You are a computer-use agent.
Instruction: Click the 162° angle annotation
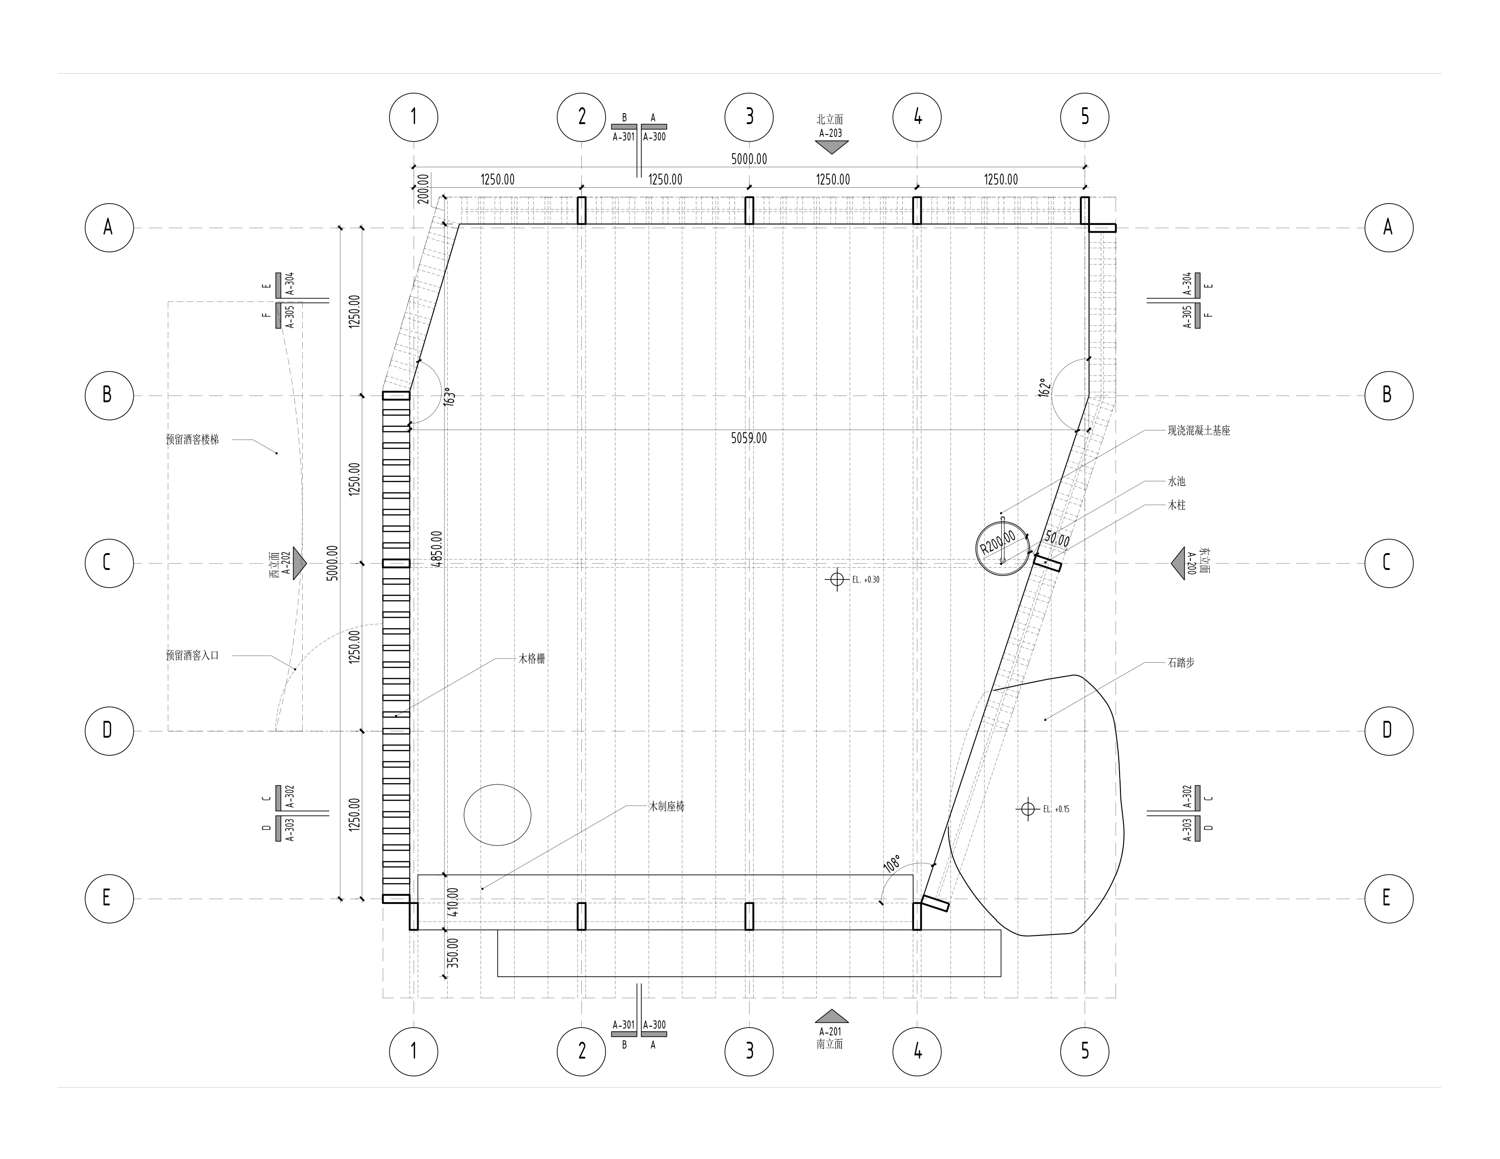[x=1044, y=388]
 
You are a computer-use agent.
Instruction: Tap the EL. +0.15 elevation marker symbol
[x=1027, y=809]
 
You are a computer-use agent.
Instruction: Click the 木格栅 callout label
[x=532, y=659]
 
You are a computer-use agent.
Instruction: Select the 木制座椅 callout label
[x=666, y=806]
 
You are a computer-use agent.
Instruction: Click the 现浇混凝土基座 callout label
[x=1199, y=430]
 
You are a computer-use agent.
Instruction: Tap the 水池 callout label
[x=1176, y=481]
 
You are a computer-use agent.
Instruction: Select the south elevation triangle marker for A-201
[x=831, y=1015]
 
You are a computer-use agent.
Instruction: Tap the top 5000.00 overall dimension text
[x=749, y=159]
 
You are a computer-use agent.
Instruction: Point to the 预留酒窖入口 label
[x=192, y=655]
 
